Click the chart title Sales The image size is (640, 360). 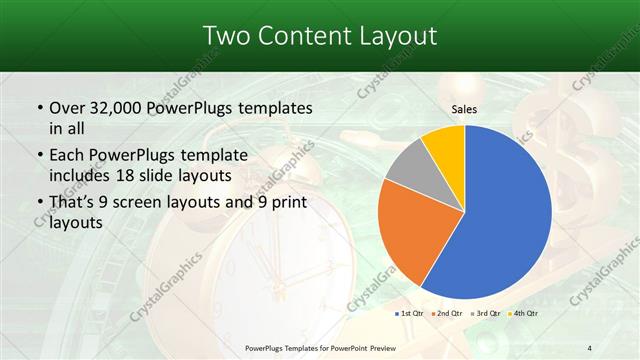coord(464,109)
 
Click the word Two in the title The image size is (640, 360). coord(225,36)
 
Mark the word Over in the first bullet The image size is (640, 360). coord(66,108)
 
